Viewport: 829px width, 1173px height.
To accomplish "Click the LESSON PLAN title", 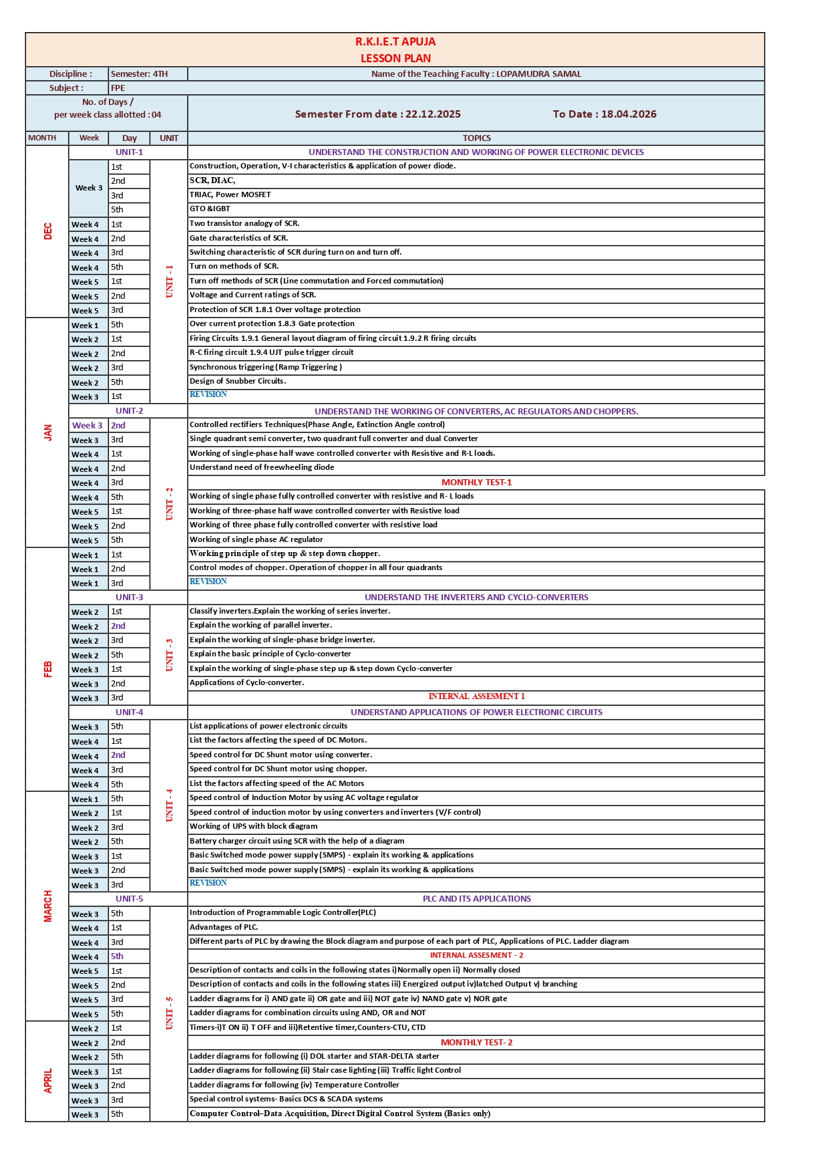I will [395, 58].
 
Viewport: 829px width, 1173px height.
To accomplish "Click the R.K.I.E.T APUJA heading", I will [395, 41].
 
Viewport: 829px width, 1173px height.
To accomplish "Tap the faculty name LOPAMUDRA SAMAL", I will [538, 74].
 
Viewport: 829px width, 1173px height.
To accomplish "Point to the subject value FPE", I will [118, 88].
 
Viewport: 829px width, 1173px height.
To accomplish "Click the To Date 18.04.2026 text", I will [604, 114].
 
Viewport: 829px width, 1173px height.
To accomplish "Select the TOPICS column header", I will [476, 138].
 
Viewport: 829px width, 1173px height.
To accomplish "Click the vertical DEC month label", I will [47, 231].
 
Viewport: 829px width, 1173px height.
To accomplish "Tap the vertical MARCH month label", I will [47, 906].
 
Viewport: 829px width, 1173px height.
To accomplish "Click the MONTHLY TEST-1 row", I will [476, 483].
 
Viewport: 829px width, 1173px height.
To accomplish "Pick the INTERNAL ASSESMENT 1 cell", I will [476, 696].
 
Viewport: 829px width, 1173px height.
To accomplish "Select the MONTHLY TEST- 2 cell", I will [476, 1043].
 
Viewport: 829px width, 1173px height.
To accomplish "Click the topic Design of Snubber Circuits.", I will [238, 381].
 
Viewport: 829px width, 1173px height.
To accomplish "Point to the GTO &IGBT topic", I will [210, 209].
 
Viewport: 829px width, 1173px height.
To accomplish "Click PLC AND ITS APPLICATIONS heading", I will [476, 899].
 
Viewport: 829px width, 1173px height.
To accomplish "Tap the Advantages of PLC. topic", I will [224, 927].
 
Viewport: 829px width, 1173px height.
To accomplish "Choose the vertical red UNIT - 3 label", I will [169, 654].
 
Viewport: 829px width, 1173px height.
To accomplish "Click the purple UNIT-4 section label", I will [129, 712].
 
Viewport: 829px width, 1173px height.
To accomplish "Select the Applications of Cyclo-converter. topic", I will [246, 682].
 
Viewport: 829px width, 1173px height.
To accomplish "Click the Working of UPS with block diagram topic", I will [253, 826].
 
